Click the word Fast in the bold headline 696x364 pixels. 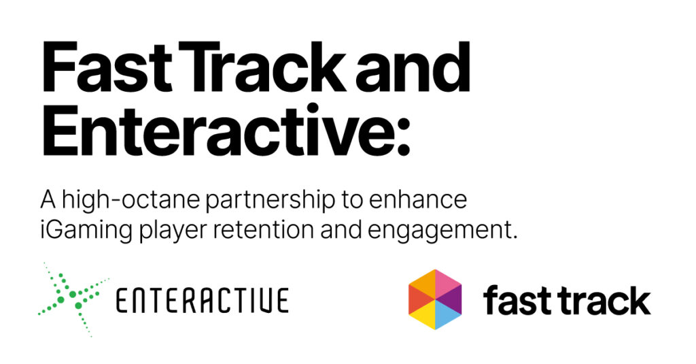pos(107,67)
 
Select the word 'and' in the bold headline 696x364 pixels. pos(413,67)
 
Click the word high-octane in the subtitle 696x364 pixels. pos(131,201)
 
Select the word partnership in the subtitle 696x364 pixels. pos(270,201)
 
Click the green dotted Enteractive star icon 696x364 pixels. pos(73,299)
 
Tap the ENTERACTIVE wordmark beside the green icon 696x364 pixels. pos(203,301)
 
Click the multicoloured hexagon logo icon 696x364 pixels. pos(435,299)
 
